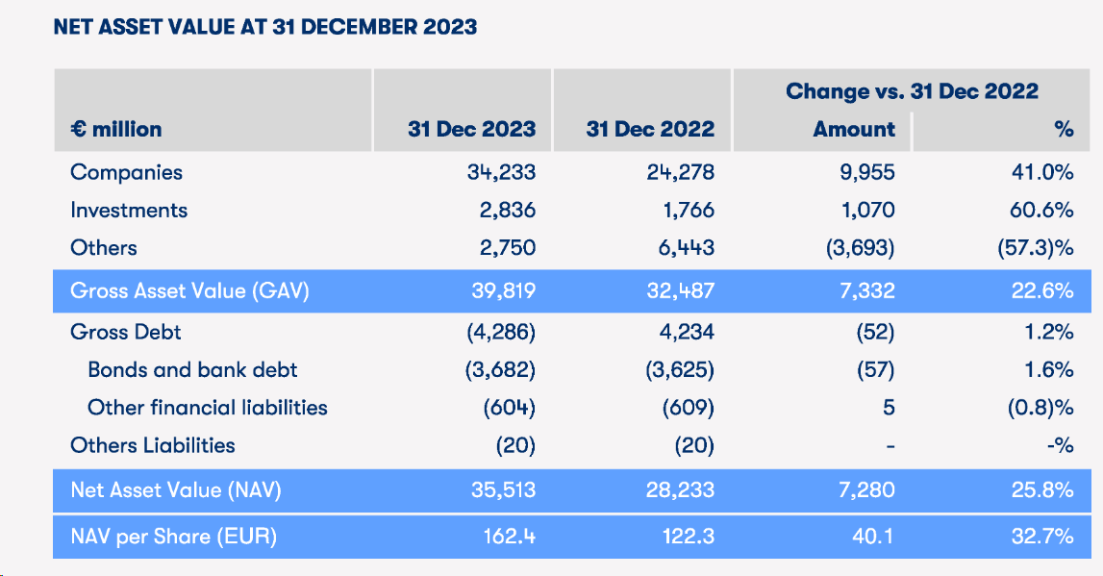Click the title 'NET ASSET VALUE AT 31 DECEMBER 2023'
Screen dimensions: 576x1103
coord(265,26)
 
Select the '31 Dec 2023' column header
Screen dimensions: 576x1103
coord(471,129)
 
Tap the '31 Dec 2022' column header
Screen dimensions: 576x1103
coord(650,129)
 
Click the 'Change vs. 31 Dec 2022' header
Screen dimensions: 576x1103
coord(912,91)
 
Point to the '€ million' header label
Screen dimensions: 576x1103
coord(115,129)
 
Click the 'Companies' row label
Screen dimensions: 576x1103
coord(126,173)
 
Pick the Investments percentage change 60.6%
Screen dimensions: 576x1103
coord(1042,211)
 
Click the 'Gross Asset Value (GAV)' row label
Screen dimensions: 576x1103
coord(189,291)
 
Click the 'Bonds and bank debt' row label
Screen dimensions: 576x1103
coord(192,370)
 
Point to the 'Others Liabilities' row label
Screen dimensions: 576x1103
coord(152,445)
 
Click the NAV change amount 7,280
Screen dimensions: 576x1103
coord(862,490)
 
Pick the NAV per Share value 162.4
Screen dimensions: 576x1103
coord(509,537)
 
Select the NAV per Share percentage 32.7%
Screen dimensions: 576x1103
coord(1042,537)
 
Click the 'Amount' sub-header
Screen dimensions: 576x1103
coord(854,129)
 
